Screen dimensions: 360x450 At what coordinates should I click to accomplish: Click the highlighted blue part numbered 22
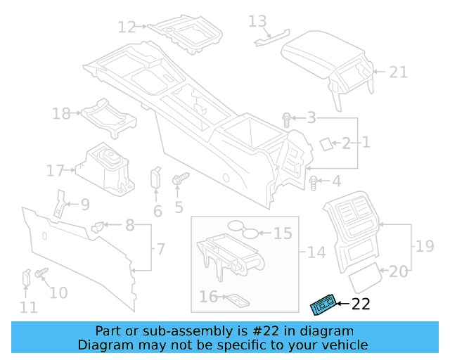(323, 304)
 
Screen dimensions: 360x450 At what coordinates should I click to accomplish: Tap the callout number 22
(360, 304)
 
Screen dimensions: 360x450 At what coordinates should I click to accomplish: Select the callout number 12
(127, 28)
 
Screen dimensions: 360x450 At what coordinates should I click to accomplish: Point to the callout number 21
(399, 71)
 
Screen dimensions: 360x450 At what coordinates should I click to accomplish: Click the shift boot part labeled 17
(104, 169)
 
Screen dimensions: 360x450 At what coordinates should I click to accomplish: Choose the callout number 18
(61, 113)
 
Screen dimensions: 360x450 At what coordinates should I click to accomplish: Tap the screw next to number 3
(287, 120)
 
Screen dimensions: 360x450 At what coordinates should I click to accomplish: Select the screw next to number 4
(314, 183)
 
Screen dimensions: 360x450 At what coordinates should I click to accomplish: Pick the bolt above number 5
(179, 180)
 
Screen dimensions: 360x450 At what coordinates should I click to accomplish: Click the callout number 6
(157, 211)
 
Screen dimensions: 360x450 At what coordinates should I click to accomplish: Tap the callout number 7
(160, 249)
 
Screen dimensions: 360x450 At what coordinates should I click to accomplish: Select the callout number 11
(28, 307)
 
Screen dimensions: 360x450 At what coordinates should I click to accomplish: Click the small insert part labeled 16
(237, 299)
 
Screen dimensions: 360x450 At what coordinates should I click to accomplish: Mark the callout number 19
(425, 246)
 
